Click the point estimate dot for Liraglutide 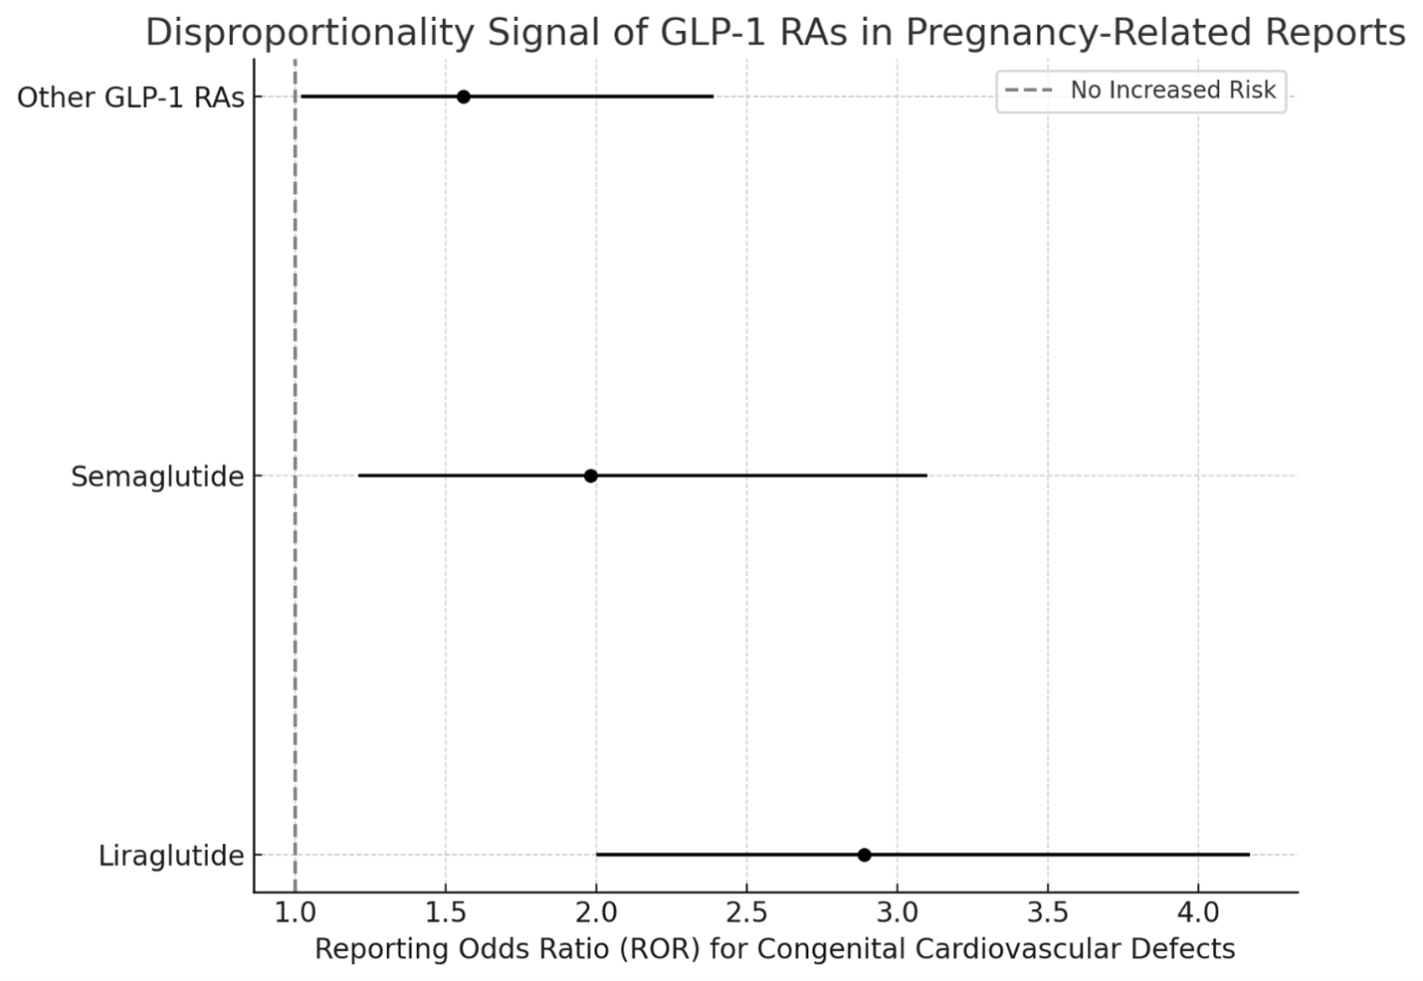pyautogui.click(x=864, y=855)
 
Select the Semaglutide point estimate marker pyautogui.click(x=590, y=476)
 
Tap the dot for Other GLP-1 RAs pyautogui.click(x=463, y=97)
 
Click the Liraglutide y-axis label pyautogui.click(x=171, y=856)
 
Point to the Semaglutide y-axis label pyautogui.click(x=157, y=477)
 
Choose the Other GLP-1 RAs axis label pyautogui.click(x=130, y=98)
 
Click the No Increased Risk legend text pyautogui.click(x=1172, y=91)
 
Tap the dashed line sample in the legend pyautogui.click(x=1029, y=91)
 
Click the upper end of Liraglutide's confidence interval pyautogui.click(x=1248, y=855)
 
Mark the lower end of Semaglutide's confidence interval pyautogui.click(x=359, y=476)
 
